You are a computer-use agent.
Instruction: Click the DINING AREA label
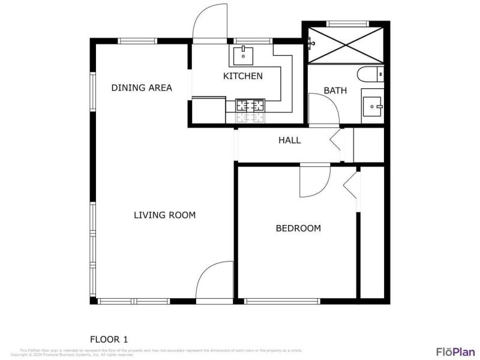(142, 88)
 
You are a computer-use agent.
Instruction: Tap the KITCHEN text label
(242, 76)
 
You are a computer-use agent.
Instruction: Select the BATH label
(335, 91)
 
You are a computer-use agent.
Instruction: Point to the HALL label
(289, 140)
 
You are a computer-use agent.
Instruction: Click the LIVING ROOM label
(164, 215)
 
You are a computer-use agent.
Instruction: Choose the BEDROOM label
(298, 228)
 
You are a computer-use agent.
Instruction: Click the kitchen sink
(244, 55)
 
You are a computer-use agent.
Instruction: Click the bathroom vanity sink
(372, 106)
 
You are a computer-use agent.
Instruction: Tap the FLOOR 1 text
(109, 339)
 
